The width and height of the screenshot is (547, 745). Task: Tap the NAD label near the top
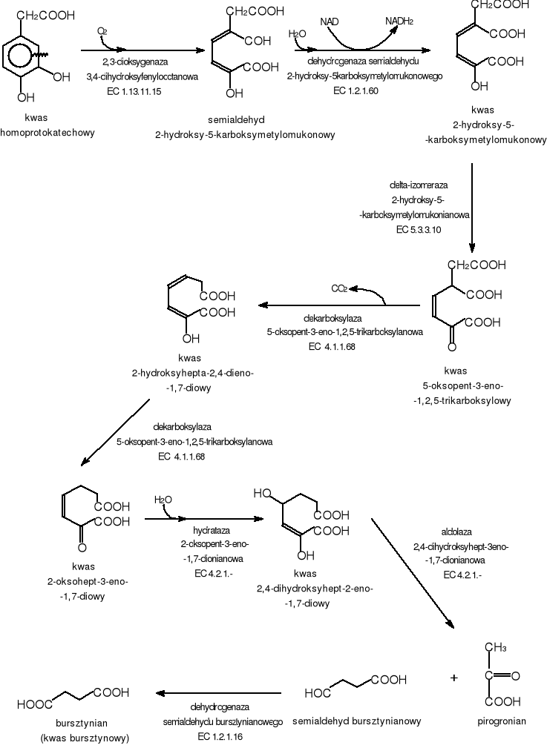coord(330,22)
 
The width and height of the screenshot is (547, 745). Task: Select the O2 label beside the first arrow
coord(102,31)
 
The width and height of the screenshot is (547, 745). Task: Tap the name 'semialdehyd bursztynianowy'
coord(357,720)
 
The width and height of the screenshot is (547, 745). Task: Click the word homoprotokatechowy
coord(49,132)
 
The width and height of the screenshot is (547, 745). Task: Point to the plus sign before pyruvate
coord(454,678)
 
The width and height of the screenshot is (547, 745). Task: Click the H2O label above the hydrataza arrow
coord(163,500)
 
